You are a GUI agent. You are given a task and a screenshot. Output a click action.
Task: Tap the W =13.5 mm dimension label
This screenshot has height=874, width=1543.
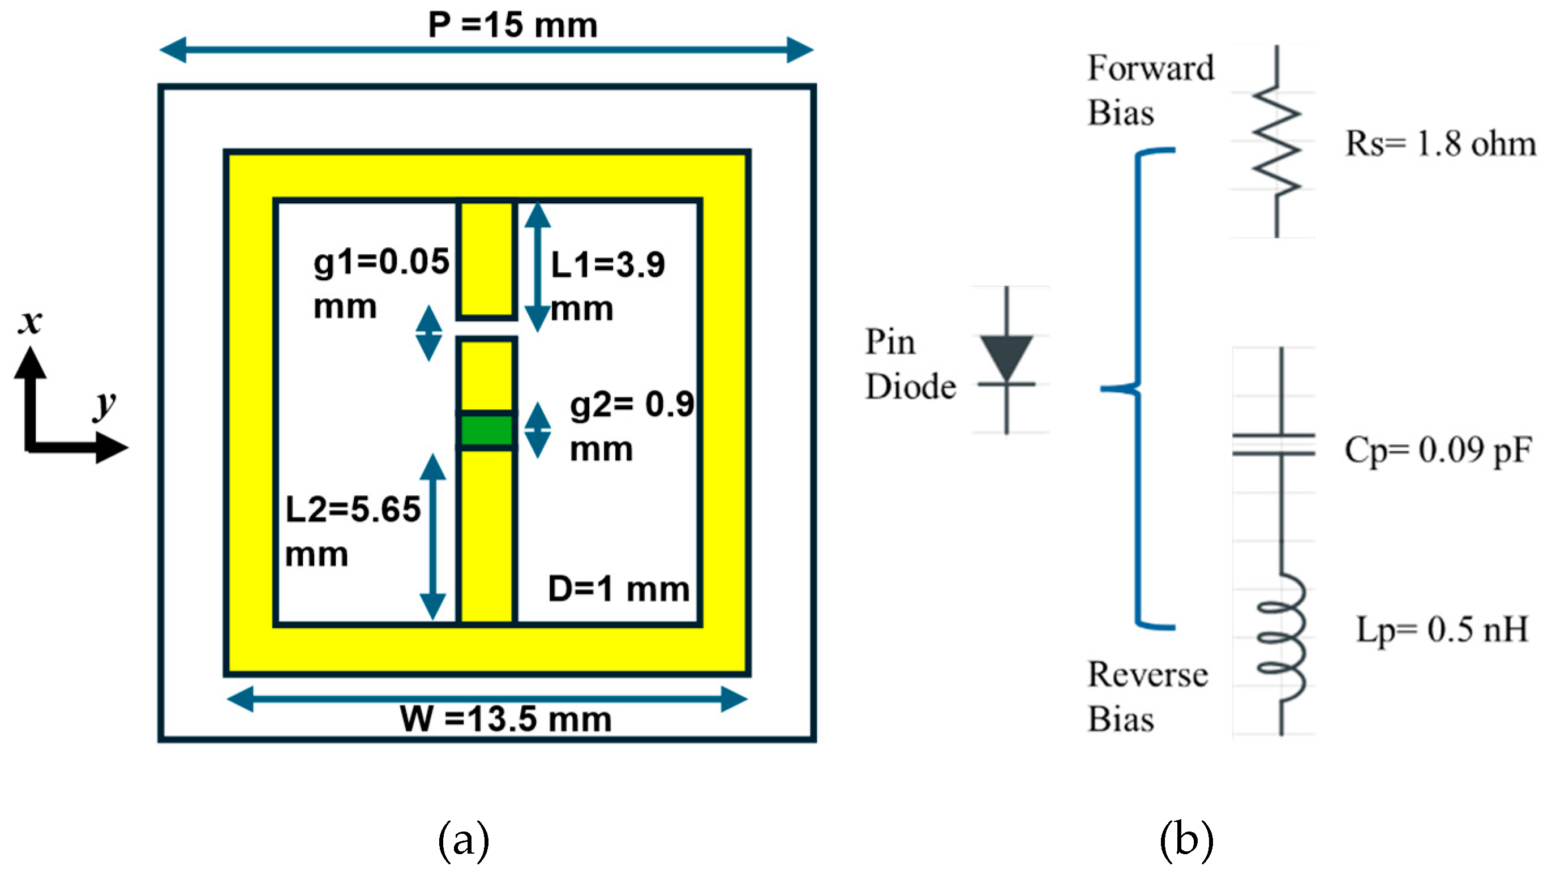tap(505, 718)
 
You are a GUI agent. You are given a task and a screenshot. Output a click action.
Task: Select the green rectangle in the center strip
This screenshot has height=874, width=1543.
tap(486, 430)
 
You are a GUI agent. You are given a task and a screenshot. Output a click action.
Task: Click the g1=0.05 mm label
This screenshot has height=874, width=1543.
tap(380, 284)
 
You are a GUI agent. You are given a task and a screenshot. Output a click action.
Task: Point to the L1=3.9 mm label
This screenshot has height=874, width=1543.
tap(607, 286)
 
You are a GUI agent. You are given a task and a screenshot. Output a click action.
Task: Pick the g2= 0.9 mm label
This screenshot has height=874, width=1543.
tap(631, 426)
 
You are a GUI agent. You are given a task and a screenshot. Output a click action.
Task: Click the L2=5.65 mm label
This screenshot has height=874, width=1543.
tap(352, 530)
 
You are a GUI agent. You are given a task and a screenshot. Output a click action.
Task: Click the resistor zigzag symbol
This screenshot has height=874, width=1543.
tap(1276, 142)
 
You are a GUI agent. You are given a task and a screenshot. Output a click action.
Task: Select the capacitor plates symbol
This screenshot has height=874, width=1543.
tap(1274, 444)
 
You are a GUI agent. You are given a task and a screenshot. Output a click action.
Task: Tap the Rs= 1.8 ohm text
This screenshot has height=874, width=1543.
tap(1440, 144)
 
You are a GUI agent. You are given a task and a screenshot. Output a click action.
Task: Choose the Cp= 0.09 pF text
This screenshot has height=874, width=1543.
tap(1437, 450)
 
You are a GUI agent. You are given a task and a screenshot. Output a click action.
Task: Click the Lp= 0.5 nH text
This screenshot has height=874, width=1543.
tap(1442, 629)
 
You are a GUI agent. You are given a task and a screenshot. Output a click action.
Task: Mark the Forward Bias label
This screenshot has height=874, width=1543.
tap(1149, 90)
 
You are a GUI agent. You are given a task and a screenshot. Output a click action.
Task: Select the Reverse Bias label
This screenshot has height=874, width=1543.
tap(1147, 696)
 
